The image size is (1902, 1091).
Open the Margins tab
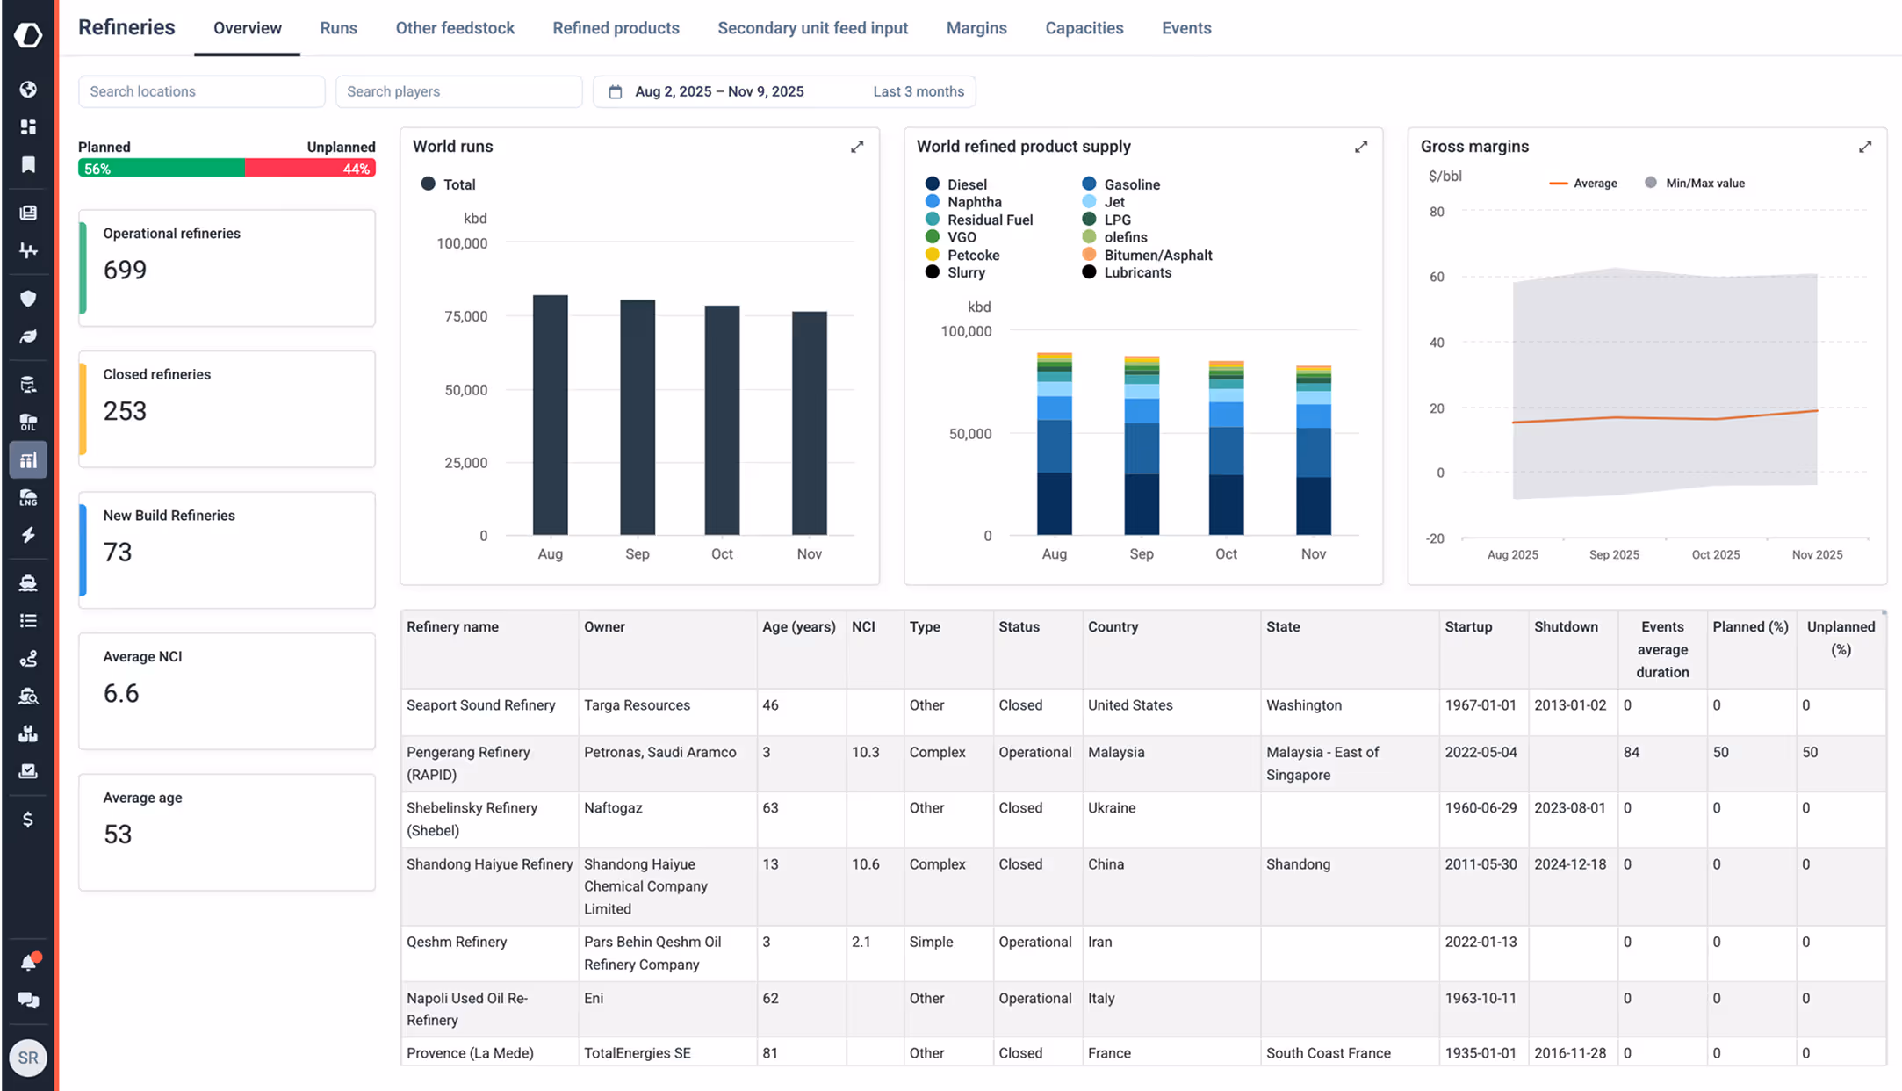point(976,28)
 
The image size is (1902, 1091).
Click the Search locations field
point(201,91)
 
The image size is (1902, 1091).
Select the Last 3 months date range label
point(918,91)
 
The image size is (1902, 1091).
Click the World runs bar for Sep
point(637,417)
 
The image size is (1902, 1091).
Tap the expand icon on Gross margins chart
point(1864,147)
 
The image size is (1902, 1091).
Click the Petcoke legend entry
point(972,256)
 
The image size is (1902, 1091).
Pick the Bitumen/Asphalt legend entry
point(1157,256)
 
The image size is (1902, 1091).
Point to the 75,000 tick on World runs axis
point(465,316)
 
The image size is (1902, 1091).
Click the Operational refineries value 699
point(125,270)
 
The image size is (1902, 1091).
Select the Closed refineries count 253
point(125,411)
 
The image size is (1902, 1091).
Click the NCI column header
point(863,627)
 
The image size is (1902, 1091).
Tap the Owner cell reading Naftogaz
point(613,808)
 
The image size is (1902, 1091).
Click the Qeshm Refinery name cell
point(457,943)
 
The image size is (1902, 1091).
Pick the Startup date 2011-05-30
point(1481,864)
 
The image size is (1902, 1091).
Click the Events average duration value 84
point(1632,753)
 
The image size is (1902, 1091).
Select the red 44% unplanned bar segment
point(310,169)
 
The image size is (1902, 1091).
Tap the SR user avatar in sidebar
point(28,1058)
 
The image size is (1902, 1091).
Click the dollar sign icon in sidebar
point(28,820)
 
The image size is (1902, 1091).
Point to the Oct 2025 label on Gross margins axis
point(1715,555)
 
